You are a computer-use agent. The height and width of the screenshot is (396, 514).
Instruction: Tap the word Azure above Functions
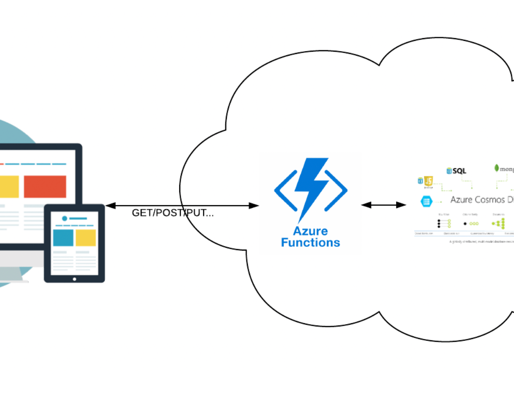310,231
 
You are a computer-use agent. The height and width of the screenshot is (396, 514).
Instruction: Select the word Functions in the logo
310,243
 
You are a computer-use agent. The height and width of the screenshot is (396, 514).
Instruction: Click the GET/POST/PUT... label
173,213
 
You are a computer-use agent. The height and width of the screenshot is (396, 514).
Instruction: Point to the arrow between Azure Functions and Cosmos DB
383,205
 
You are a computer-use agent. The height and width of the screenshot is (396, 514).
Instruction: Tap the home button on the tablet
74,279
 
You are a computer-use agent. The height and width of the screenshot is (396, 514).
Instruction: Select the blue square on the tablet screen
63,238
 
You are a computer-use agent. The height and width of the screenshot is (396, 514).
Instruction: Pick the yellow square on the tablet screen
86,238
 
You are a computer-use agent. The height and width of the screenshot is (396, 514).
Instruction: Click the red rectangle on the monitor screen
45,186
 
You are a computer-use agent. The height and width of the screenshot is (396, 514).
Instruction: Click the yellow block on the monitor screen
9,186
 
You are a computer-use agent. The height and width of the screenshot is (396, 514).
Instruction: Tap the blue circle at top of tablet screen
65,219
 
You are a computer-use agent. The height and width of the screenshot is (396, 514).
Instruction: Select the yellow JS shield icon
429,181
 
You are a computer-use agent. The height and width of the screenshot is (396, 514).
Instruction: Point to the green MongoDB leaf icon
497,168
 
